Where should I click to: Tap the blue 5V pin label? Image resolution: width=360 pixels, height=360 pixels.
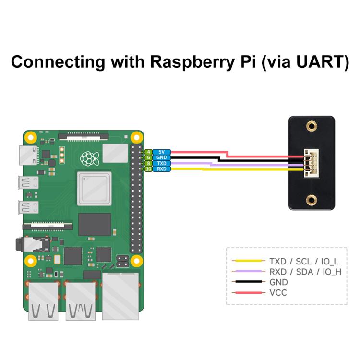162,152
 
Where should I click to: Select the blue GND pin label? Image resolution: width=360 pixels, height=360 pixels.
162,158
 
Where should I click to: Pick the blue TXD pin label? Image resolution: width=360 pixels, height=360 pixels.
162,164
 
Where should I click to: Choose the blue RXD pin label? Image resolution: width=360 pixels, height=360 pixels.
162,169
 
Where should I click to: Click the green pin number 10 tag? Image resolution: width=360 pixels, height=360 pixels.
149,169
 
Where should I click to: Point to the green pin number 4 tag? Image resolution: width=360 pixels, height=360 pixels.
149,152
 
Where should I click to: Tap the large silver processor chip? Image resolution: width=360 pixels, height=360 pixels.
94,189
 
